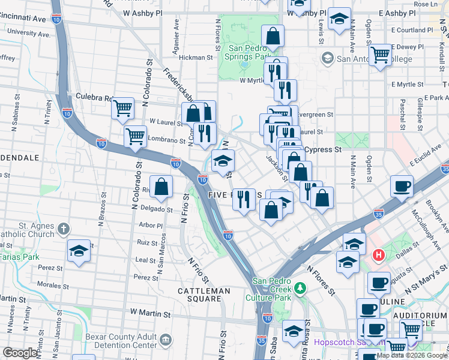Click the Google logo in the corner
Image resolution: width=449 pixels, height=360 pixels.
click(20, 353)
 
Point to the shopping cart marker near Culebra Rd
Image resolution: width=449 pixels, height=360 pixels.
click(122, 109)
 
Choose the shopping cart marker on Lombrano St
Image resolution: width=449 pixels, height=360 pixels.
click(136, 136)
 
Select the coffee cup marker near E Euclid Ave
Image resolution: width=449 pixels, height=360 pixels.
click(402, 185)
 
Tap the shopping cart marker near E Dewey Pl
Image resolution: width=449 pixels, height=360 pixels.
click(381, 55)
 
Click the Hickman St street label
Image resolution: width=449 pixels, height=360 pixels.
click(196, 58)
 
